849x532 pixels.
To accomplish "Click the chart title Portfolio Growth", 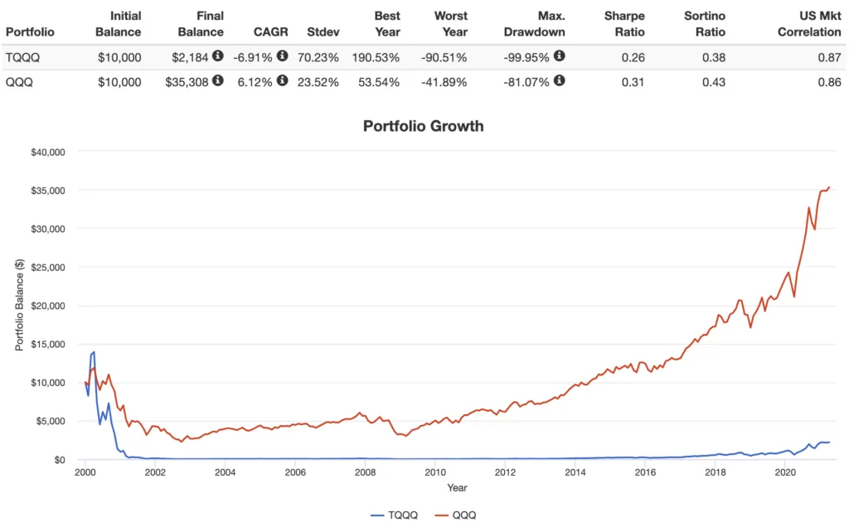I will (x=424, y=126).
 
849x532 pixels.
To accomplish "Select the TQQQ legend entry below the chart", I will (x=396, y=515).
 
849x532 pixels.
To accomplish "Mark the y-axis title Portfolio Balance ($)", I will (x=20, y=305).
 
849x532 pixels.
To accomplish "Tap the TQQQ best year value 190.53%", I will (x=376, y=56).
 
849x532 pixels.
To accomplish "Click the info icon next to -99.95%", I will (x=560, y=56).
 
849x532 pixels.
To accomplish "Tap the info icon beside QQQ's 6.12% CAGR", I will (x=283, y=80).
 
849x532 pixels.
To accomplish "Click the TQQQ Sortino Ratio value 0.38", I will (x=714, y=56).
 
